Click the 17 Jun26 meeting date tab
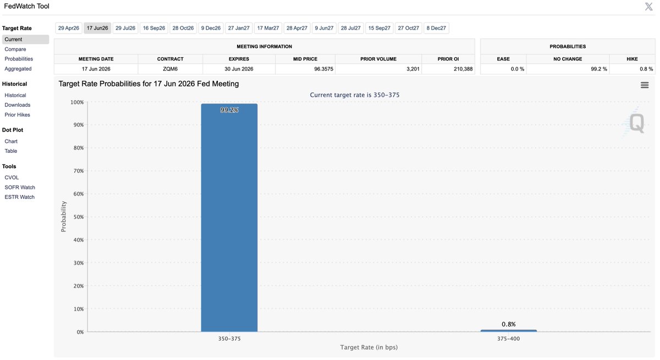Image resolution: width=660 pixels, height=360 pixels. (x=97, y=28)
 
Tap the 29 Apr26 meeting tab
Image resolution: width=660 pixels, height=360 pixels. (x=69, y=28)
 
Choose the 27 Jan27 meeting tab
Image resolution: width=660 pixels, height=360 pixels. (x=239, y=28)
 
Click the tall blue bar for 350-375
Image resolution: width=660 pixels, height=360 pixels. (x=229, y=220)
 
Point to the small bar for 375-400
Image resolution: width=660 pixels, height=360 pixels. (x=508, y=330)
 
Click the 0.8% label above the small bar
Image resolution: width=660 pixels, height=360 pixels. (x=508, y=324)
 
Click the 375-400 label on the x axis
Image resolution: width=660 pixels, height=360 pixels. (x=508, y=339)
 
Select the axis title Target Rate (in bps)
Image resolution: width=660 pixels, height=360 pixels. (x=369, y=347)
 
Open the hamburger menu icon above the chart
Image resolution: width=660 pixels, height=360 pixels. (x=645, y=85)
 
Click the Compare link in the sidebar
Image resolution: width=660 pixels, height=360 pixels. (x=15, y=49)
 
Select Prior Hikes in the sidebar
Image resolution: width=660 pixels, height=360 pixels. (x=18, y=115)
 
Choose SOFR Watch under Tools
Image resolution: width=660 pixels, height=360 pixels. (x=20, y=187)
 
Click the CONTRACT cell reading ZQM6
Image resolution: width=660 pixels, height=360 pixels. (x=170, y=69)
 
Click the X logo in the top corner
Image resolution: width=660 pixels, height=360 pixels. (x=648, y=7)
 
